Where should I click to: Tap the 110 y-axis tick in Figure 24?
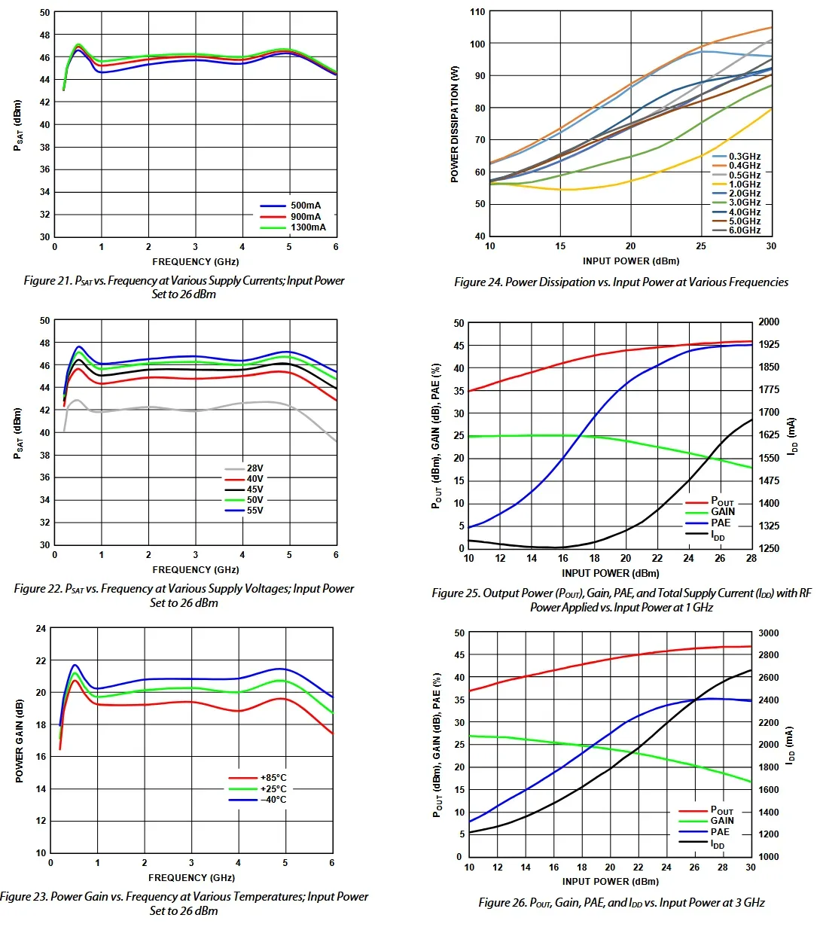click(477, 12)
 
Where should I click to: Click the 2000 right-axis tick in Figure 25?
click(769, 322)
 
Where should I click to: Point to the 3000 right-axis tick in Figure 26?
click(769, 633)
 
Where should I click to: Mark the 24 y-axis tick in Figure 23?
click(41, 629)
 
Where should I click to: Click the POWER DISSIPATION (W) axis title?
click(455, 124)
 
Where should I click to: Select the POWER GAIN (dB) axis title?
click(20, 741)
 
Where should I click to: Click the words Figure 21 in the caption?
click(48, 281)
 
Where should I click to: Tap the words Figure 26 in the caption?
click(502, 903)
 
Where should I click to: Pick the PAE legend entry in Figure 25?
click(721, 523)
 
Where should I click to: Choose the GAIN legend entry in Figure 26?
click(721, 822)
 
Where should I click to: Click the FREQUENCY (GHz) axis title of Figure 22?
click(195, 570)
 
